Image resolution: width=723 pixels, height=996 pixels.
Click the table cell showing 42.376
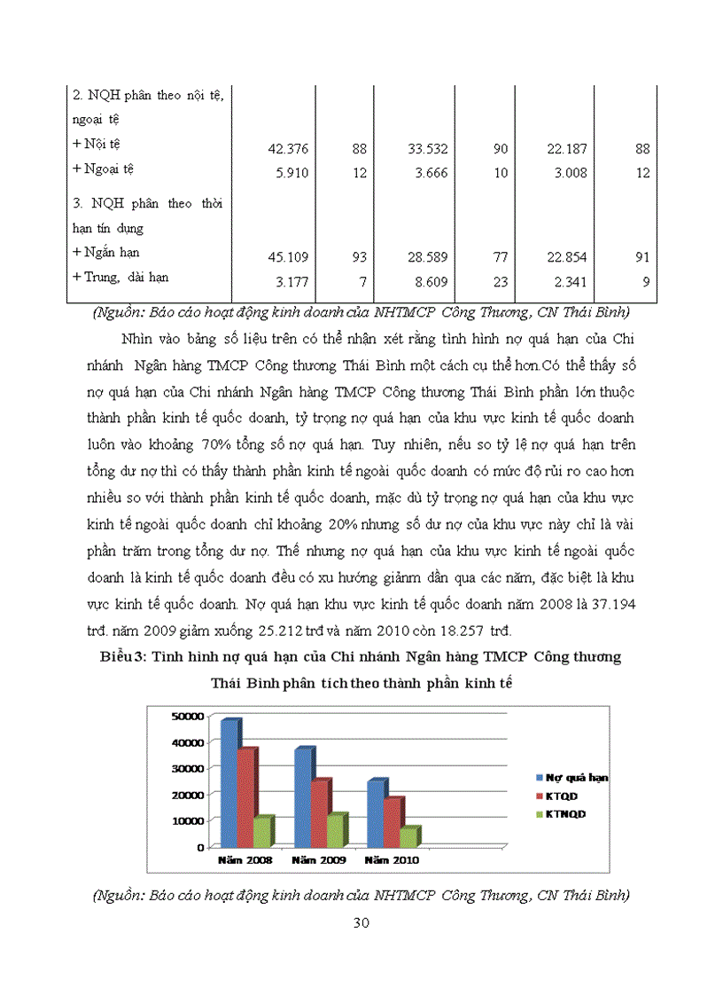pyautogui.click(x=287, y=150)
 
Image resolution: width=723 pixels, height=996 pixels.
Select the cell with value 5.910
pyautogui.click(x=292, y=173)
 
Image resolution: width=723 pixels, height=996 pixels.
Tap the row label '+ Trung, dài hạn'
pyautogui.click(x=120, y=277)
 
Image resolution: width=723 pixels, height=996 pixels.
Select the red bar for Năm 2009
pyautogui.click(x=321, y=812)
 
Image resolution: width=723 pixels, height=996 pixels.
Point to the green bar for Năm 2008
pyautogui.click(x=261, y=831)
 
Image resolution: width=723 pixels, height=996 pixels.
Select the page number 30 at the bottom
pyautogui.click(x=361, y=922)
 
